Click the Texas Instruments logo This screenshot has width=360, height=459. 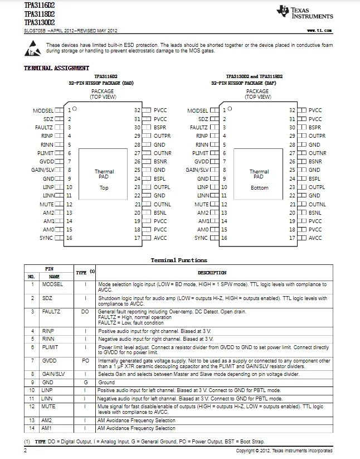[x=304, y=12]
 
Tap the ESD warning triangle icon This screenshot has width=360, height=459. [x=32, y=49]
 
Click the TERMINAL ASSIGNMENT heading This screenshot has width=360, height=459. [x=56, y=68]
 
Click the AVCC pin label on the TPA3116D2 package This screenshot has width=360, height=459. [x=160, y=238]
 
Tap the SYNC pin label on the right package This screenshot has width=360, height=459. [x=201, y=238]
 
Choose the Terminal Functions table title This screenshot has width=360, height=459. [x=178, y=260]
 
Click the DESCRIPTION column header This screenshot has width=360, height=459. [x=212, y=273]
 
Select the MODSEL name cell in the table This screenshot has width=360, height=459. [x=53, y=284]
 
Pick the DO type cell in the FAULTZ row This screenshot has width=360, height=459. [x=85, y=312]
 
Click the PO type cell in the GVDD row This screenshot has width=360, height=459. [x=85, y=361]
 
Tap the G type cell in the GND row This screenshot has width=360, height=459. [x=85, y=383]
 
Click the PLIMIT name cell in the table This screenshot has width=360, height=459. [x=51, y=347]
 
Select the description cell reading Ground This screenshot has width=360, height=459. [x=106, y=383]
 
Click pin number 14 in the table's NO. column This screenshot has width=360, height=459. [x=32, y=428]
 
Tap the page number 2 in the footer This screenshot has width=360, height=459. [x=26, y=450]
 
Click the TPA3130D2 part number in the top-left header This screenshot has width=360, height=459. [x=40, y=22]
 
